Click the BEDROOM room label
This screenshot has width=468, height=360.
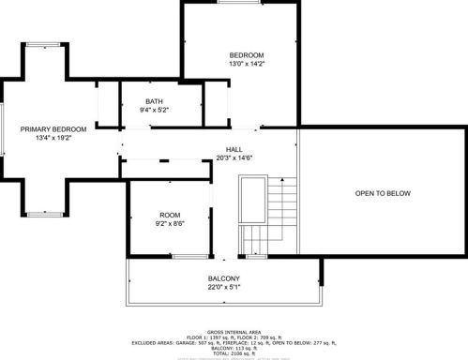click(247, 54)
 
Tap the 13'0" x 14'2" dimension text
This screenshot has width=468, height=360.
click(247, 65)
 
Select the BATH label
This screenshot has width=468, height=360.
click(155, 101)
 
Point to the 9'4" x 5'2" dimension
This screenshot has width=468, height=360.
click(155, 111)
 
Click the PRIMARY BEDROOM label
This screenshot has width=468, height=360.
click(53, 128)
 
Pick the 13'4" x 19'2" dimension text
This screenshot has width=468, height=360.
click(53, 138)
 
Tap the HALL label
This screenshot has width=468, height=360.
click(234, 148)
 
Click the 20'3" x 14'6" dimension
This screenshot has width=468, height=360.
click(234, 157)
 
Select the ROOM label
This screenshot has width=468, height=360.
click(169, 214)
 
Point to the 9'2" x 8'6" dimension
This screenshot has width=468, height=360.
click(169, 223)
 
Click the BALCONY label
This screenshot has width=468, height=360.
click(224, 277)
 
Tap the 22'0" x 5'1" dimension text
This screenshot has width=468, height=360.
click(224, 287)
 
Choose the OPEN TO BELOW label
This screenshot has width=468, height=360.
click(383, 193)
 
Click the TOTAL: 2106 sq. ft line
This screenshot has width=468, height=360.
click(234, 355)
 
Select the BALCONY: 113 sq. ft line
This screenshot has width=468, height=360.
click(234, 348)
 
